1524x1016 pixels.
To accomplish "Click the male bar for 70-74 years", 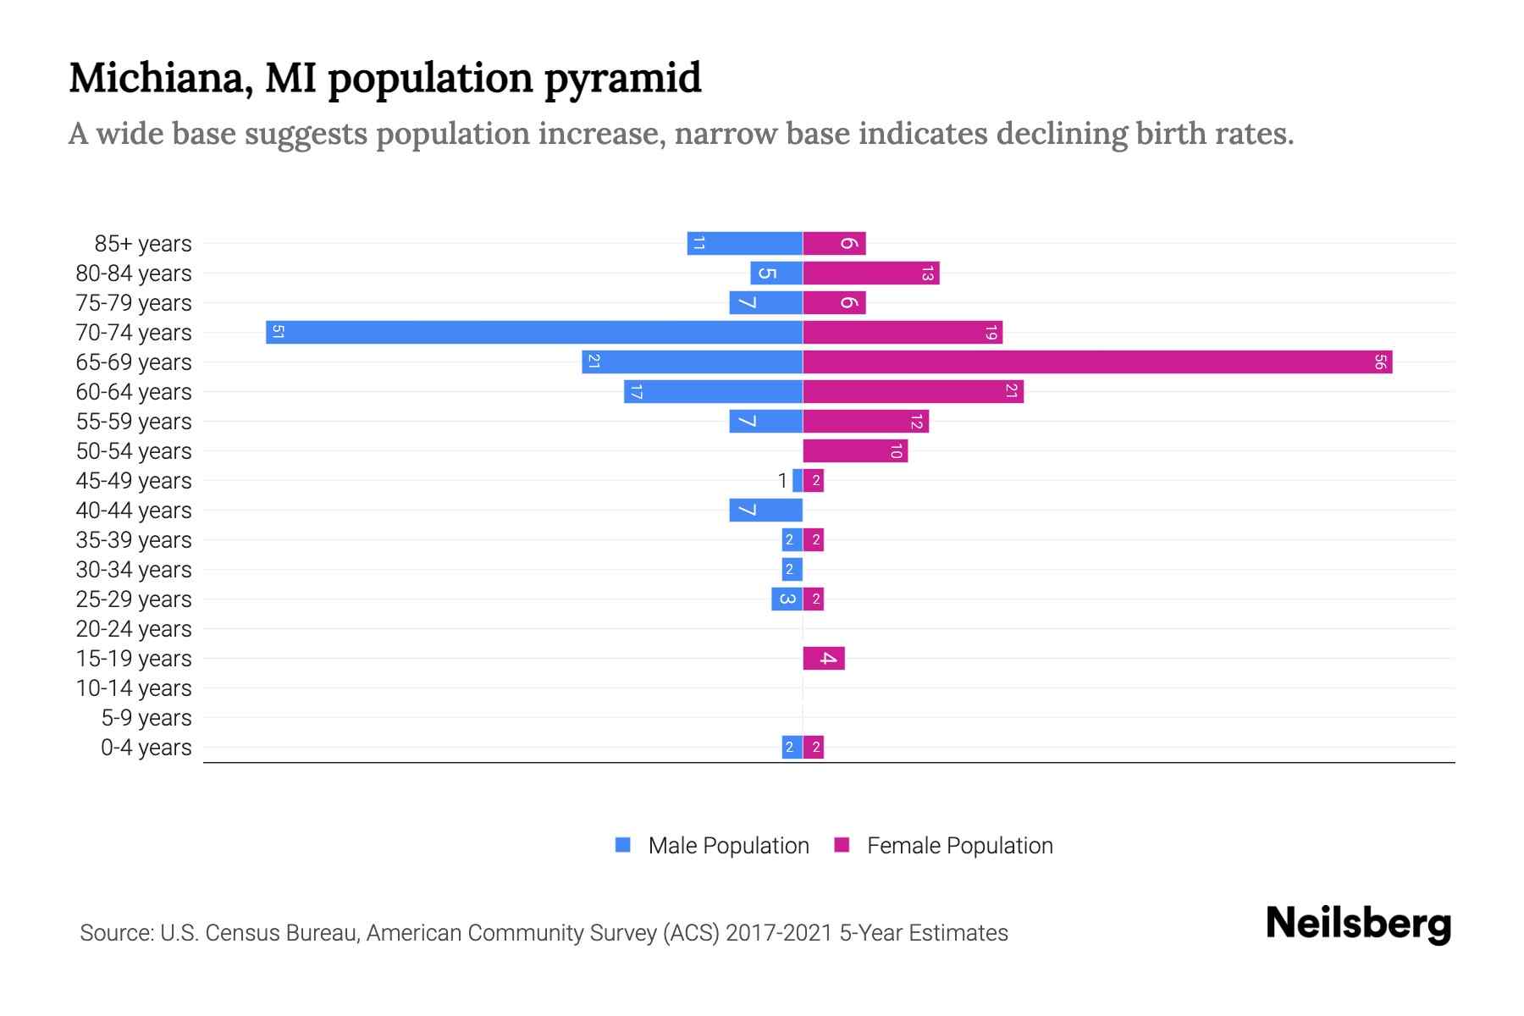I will [x=533, y=332].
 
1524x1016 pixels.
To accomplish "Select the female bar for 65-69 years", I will [x=1097, y=362].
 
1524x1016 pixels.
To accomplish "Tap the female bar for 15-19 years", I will [x=824, y=658].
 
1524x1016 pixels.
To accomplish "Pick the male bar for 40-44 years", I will [x=765, y=511].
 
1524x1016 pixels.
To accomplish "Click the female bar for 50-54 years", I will [x=855, y=451].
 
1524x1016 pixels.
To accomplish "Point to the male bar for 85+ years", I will [x=744, y=244].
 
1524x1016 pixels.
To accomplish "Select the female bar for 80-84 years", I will [x=870, y=273].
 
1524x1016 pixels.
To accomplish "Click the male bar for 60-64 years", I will [x=713, y=392].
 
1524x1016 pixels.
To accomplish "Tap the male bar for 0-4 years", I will [x=792, y=747].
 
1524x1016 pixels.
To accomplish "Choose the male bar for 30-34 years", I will [x=792, y=570].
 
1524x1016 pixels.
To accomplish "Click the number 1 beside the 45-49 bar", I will [x=782, y=481].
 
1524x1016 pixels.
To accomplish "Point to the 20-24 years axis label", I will [x=134, y=629].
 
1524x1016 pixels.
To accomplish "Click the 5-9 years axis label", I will [x=146, y=718].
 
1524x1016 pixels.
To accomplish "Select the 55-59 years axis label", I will [x=134, y=422].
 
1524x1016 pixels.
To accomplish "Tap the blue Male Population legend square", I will [x=623, y=845].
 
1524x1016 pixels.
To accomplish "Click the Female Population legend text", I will [x=959, y=845].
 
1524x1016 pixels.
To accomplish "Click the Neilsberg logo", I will [x=1358, y=924].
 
